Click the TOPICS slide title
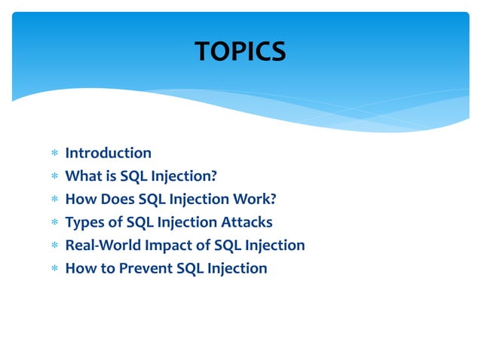pyautogui.click(x=240, y=52)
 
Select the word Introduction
pyautogui.click(x=108, y=154)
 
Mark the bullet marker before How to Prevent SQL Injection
pyautogui.click(x=54, y=269)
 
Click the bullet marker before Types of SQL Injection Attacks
pyautogui.click(x=54, y=223)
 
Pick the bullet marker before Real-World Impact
pyautogui.click(x=54, y=246)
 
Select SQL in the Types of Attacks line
pyautogui.click(x=140, y=222)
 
